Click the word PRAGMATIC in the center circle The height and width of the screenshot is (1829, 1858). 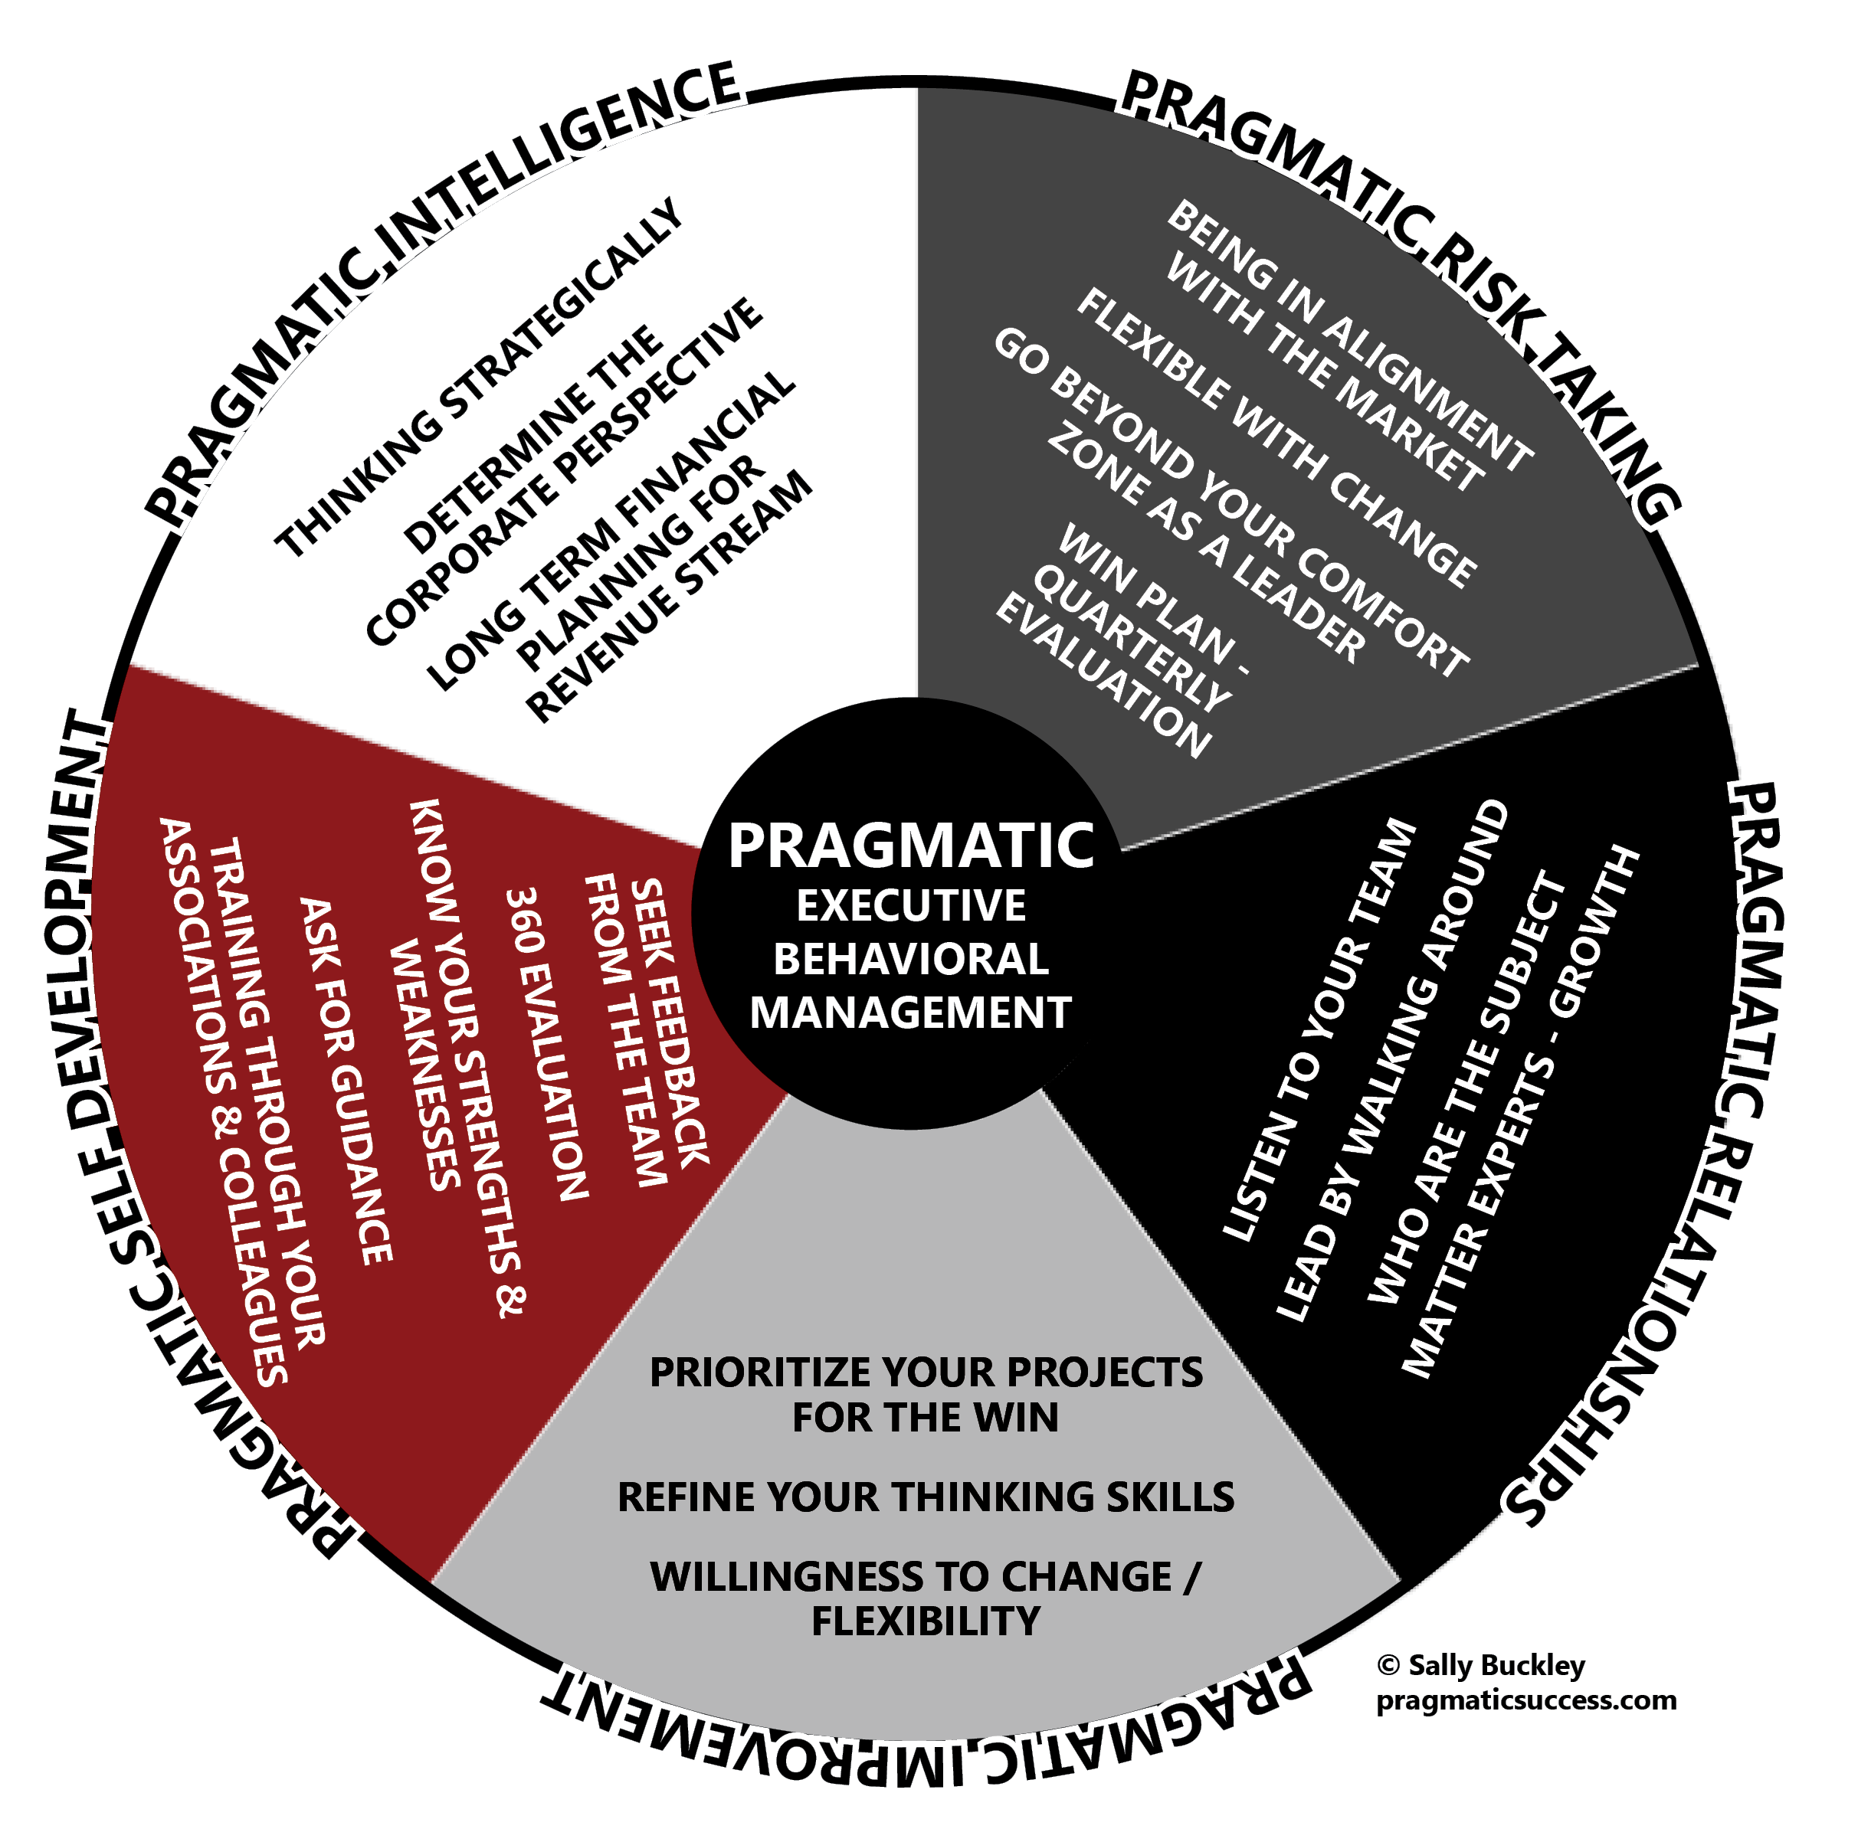pyautogui.click(x=909, y=846)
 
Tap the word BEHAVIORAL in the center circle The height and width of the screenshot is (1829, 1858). pyautogui.click(x=909, y=960)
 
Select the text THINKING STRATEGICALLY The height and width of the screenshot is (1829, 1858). pyautogui.click(x=478, y=378)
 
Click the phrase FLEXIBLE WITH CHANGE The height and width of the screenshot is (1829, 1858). pyautogui.click(x=1275, y=437)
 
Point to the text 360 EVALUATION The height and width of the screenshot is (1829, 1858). pyautogui.click(x=546, y=1043)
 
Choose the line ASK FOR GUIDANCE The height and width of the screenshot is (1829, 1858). pyautogui.click(x=346, y=1081)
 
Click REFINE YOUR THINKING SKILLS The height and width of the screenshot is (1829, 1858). pyautogui.click(x=925, y=1497)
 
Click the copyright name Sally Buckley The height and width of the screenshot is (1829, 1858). pyautogui.click(x=1495, y=1665)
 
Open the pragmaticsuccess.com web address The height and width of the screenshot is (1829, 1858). pyautogui.click(x=1525, y=1700)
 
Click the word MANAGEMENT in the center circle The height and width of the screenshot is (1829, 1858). pyautogui.click(x=909, y=1013)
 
